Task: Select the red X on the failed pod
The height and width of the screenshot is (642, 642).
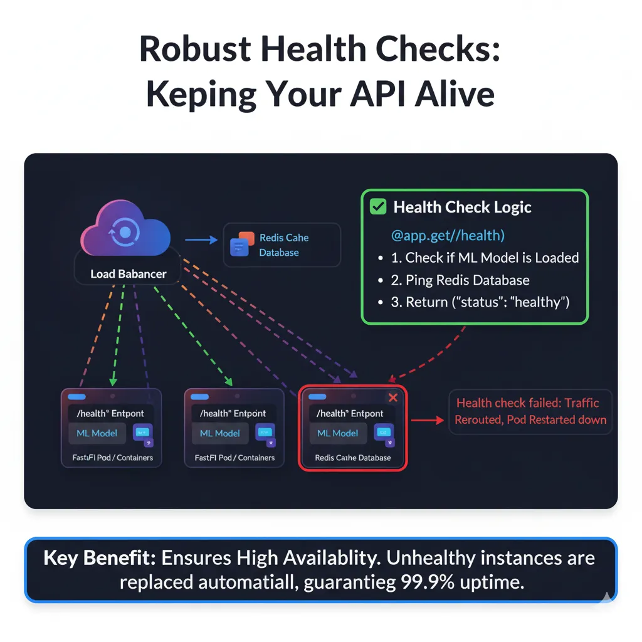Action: (x=393, y=397)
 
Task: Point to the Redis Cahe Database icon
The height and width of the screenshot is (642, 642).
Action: (x=242, y=245)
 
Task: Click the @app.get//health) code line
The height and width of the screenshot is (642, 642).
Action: (x=448, y=236)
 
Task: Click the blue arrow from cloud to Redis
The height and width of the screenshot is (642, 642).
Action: (x=199, y=239)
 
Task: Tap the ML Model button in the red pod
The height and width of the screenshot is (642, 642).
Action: (x=338, y=433)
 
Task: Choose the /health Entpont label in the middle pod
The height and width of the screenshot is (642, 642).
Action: (x=233, y=413)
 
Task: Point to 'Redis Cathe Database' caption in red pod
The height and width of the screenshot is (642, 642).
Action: (x=353, y=458)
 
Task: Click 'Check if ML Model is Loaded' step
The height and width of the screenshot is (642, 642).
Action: (x=492, y=258)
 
